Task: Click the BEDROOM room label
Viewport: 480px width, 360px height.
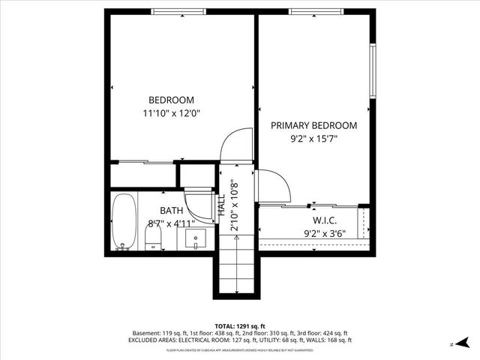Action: (x=171, y=100)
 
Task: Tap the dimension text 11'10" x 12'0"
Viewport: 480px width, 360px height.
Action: (x=171, y=113)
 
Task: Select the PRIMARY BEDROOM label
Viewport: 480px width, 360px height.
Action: (x=313, y=125)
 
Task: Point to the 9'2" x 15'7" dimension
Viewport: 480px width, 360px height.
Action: (x=313, y=139)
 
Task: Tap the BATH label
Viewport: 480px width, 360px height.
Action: (x=171, y=211)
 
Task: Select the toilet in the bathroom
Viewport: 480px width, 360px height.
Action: (x=154, y=238)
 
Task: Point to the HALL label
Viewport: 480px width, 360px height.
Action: (x=221, y=204)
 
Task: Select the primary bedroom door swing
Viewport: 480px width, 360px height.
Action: (x=271, y=184)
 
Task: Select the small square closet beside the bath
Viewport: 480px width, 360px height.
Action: (x=196, y=174)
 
